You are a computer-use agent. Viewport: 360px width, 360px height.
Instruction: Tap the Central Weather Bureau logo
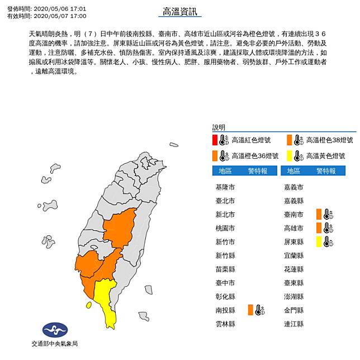(x=54, y=330)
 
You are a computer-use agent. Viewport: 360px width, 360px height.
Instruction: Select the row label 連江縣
(x=295, y=324)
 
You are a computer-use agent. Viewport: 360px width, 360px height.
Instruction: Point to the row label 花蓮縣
(x=295, y=269)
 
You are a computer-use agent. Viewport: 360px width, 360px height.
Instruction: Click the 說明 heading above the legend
(x=219, y=127)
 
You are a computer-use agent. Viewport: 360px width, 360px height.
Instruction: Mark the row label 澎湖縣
(x=295, y=296)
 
